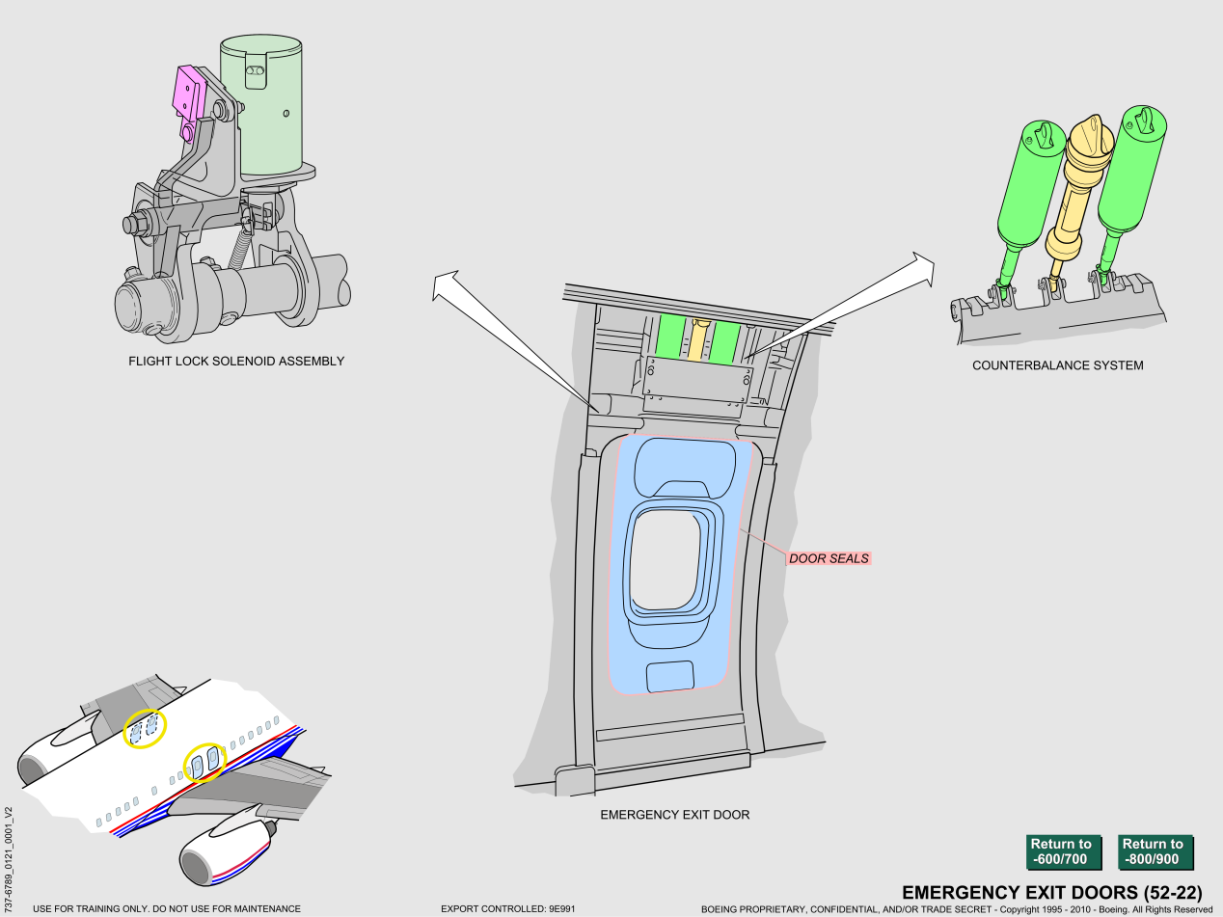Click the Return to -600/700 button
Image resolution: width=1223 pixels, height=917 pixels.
[1061, 851]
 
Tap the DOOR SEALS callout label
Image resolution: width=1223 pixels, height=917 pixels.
[829, 558]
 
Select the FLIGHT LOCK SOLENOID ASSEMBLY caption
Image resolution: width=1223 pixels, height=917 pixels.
[236, 362]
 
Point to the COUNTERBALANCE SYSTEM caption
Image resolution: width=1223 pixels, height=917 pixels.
[1057, 365]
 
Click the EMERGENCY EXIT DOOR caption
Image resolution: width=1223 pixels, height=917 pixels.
[674, 815]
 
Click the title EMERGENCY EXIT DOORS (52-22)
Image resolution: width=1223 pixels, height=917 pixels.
[1051, 892]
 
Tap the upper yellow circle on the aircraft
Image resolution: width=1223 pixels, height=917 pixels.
[145, 728]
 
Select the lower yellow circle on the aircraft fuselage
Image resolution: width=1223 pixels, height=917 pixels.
[204, 761]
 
